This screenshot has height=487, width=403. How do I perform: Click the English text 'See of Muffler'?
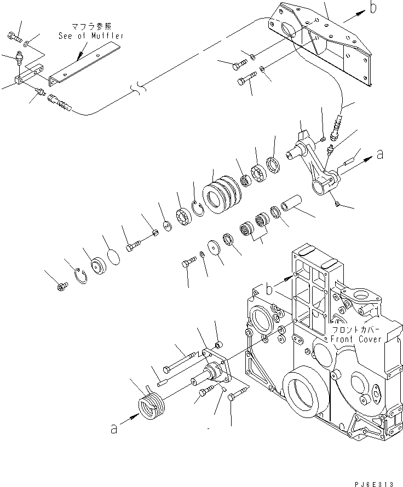tap(91, 36)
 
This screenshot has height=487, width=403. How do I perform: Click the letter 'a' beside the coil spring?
tap(113, 430)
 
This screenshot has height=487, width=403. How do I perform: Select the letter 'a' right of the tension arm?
tap(379, 155)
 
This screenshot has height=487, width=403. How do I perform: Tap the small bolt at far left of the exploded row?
tap(62, 285)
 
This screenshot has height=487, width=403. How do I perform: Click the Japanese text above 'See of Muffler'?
tap(91, 26)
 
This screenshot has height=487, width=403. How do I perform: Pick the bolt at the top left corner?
tap(15, 37)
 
